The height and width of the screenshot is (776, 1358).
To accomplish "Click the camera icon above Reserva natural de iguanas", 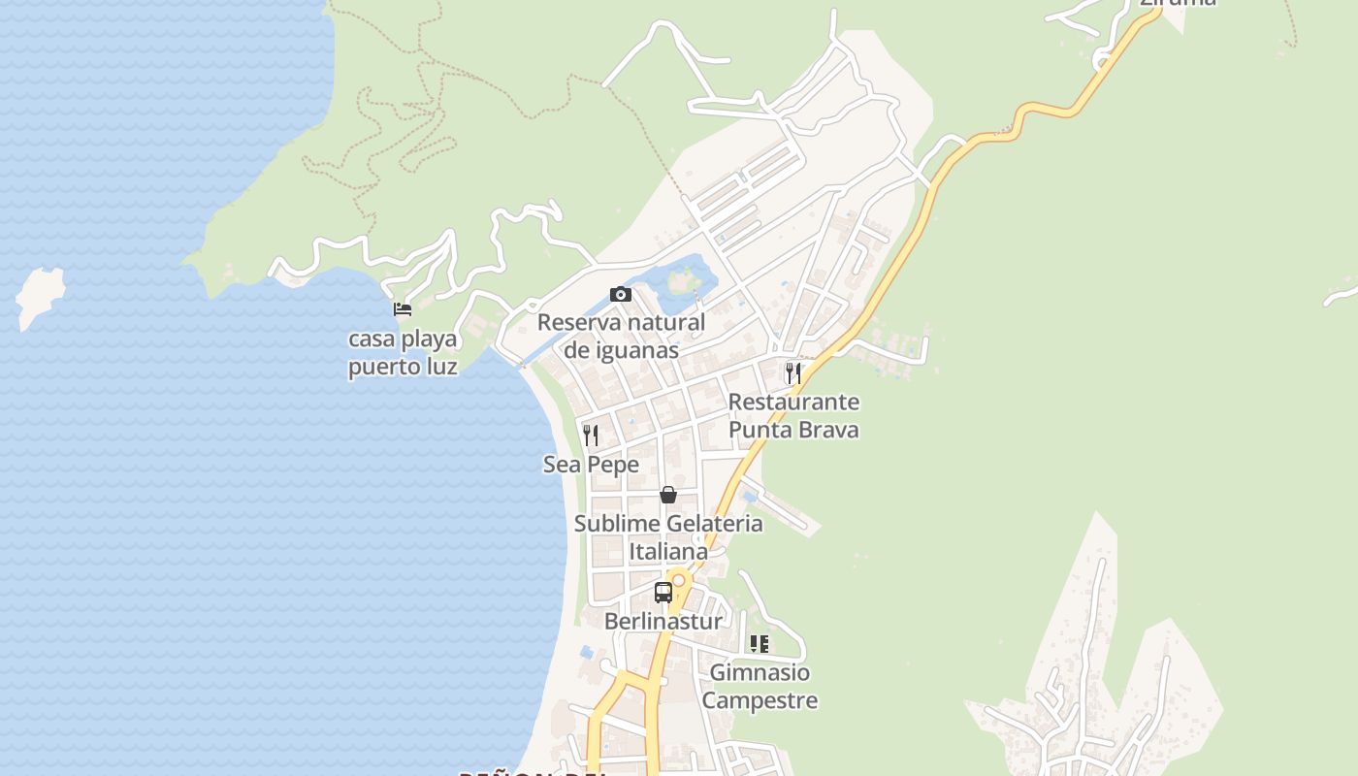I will click(621, 294).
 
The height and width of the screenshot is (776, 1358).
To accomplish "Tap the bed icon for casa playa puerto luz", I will click(403, 309).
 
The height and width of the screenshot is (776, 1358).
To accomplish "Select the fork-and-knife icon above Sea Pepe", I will click(591, 435).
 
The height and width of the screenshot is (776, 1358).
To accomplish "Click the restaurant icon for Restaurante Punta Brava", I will click(793, 372).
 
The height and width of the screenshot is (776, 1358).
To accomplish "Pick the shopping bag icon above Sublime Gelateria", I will click(668, 495).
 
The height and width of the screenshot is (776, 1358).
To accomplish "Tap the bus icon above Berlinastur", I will click(663, 593).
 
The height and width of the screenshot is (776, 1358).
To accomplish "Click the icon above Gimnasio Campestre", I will click(760, 643).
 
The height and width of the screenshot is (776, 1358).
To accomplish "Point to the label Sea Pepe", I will click(591, 465).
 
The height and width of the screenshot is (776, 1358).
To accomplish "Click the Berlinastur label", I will click(663, 622).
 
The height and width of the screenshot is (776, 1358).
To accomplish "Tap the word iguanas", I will click(634, 350).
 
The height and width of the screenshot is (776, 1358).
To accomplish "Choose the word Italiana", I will click(668, 552).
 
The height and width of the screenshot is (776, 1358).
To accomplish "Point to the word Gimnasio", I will click(760, 672).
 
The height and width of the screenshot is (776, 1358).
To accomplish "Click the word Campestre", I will click(760, 700).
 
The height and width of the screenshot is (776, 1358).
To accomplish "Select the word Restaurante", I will click(793, 402).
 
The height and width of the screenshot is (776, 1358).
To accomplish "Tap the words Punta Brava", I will click(793, 430).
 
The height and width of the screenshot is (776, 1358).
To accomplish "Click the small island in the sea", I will click(40, 295).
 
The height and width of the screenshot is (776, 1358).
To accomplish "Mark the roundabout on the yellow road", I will click(679, 580).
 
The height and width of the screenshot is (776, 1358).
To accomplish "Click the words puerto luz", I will click(403, 368).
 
